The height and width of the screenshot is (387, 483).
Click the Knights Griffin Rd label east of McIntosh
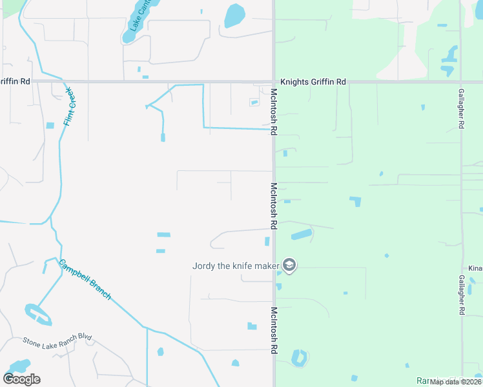click(x=313, y=82)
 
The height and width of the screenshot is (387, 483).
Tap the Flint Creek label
click(x=68, y=106)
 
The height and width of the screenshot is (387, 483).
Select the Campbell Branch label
click(x=85, y=279)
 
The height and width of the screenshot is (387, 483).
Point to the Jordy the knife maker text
click(x=236, y=265)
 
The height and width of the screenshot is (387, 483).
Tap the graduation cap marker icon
click(x=289, y=265)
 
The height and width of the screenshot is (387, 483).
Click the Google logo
click(x=21, y=379)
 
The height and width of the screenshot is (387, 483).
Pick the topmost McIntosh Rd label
click(x=274, y=112)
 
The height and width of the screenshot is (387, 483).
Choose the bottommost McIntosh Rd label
click(x=274, y=330)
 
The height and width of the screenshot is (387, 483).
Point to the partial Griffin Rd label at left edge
click(x=15, y=82)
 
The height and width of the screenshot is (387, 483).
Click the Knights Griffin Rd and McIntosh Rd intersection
click(x=273, y=82)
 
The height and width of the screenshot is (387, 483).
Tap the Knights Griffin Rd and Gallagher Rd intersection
click(x=461, y=82)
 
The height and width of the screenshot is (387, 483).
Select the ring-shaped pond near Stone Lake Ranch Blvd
click(x=38, y=315)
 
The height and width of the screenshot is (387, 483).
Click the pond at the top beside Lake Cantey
click(x=235, y=14)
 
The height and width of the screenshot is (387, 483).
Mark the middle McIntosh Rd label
click(x=274, y=206)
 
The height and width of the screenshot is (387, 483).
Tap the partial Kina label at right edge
click(x=475, y=268)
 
